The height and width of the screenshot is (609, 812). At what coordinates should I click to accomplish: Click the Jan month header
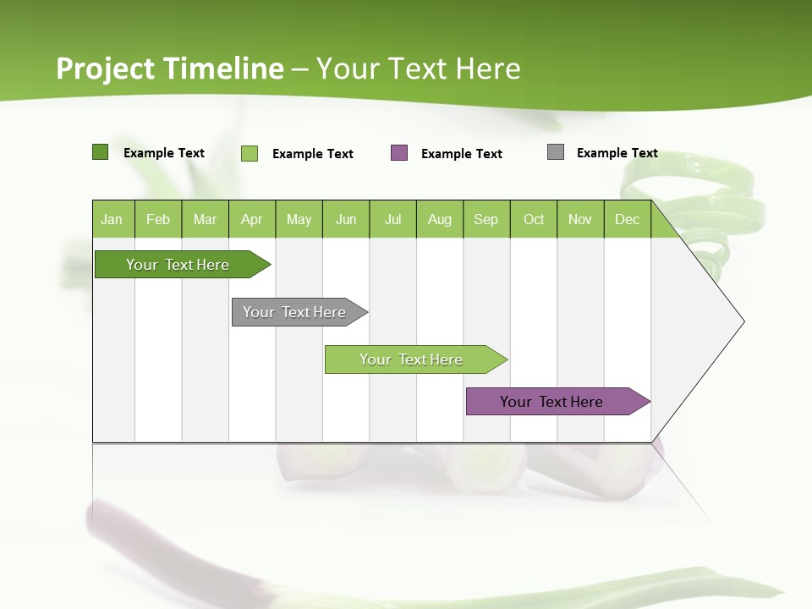coord(112,219)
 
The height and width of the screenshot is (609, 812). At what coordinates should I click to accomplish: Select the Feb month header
coord(158,219)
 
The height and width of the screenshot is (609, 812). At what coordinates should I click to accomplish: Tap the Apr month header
coord(251,219)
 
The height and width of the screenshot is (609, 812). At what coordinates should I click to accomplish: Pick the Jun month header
coord(346,219)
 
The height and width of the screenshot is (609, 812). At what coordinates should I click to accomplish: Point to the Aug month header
coord(440,219)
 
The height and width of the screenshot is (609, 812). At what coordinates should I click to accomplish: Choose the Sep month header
coord(486,219)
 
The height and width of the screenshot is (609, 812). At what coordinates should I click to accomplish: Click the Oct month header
coord(534,219)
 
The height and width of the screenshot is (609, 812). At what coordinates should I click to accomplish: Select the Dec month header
coord(627,219)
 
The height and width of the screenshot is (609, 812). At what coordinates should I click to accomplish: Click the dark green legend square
coord(101,152)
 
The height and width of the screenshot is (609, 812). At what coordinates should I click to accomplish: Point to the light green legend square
coord(250,153)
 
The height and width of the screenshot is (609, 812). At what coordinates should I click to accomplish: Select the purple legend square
coord(399,153)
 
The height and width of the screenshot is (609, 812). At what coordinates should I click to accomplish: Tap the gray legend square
coord(556,152)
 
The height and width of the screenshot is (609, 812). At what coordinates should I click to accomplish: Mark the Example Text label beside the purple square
coord(462,154)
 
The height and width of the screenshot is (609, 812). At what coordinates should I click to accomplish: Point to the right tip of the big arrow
coord(743,321)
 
